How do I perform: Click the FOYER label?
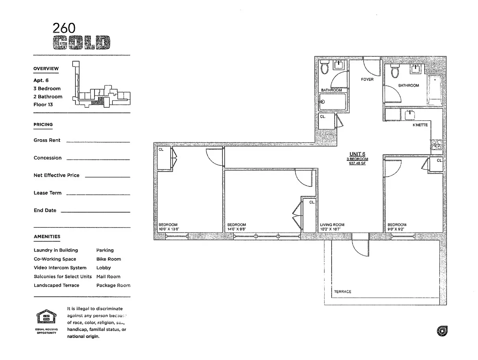click(x=367, y=79)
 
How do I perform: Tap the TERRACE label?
click(x=342, y=292)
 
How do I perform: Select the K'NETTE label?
click(x=420, y=125)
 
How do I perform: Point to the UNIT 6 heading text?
click(x=357, y=154)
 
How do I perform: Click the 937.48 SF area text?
click(x=357, y=163)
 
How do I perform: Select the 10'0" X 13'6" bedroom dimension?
click(x=169, y=229)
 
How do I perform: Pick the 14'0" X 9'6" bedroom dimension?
click(x=236, y=229)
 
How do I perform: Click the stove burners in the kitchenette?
click(x=437, y=145)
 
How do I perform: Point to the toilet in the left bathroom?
click(x=325, y=67)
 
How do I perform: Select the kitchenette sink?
click(x=410, y=115)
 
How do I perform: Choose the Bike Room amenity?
click(x=108, y=259)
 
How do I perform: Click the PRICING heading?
click(x=43, y=125)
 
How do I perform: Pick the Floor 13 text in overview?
click(x=43, y=104)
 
